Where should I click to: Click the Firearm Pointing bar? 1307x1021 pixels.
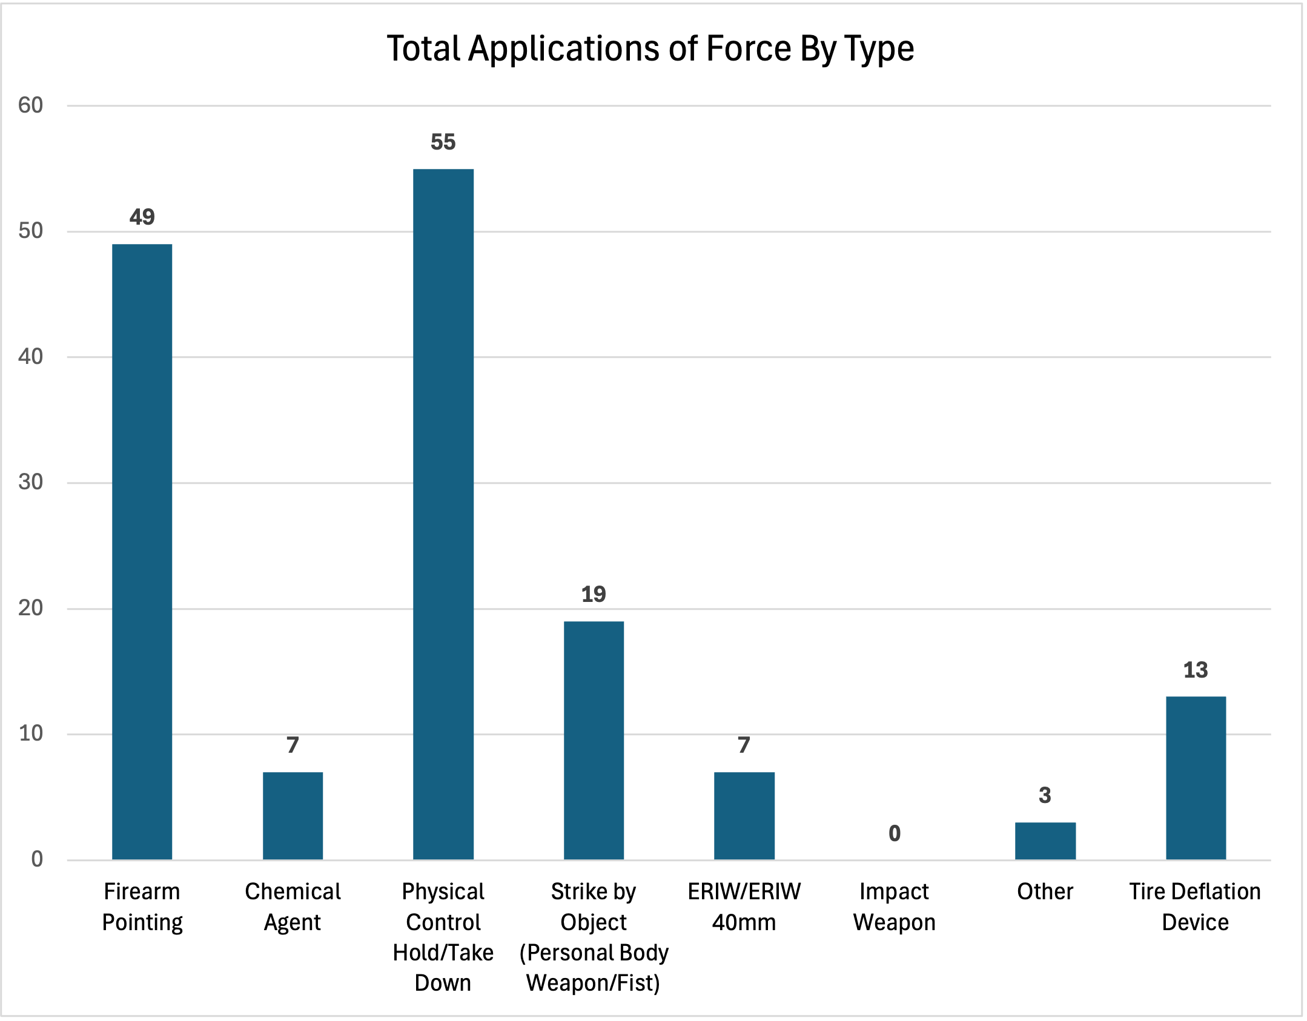[x=142, y=551]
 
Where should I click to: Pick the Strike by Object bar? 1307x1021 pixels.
[x=594, y=740]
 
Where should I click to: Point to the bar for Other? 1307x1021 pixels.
[x=1045, y=841]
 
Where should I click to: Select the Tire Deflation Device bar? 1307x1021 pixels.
[x=1196, y=778]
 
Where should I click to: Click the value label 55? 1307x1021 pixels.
[x=443, y=142]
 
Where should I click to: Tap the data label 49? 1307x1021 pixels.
[x=142, y=217]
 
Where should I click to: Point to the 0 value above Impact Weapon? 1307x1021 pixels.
[x=895, y=834]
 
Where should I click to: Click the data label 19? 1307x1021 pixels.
[x=594, y=595]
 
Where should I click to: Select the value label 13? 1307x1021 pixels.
[x=1196, y=670]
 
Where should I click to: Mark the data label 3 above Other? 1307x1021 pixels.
[x=1045, y=796]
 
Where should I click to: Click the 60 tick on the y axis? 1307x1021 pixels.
[x=31, y=105]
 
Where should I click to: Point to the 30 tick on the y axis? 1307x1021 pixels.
[x=31, y=482]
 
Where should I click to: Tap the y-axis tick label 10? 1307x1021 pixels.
[x=31, y=733]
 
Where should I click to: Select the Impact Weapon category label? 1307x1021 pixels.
[x=895, y=907]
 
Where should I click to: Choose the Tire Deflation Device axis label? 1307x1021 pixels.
[x=1195, y=907]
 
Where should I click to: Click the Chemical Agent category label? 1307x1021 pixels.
[x=293, y=907]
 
